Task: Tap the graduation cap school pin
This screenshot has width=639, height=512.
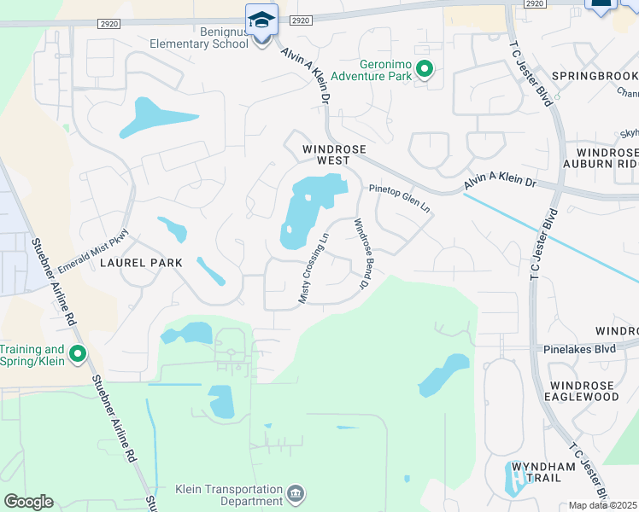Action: tap(261, 20)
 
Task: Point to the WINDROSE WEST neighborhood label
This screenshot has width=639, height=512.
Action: tap(334, 154)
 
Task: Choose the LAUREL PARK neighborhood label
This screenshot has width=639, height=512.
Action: tap(141, 263)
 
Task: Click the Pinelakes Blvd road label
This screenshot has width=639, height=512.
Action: tap(579, 349)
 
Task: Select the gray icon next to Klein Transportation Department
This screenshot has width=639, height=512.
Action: tap(296, 492)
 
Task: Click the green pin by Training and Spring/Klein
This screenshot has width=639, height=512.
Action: tap(78, 353)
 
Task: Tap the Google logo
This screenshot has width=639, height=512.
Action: tap(28, 502)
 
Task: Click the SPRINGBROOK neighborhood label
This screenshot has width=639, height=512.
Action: tap(595, 76)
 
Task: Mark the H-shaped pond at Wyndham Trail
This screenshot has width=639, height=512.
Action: tap(519, 478)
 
